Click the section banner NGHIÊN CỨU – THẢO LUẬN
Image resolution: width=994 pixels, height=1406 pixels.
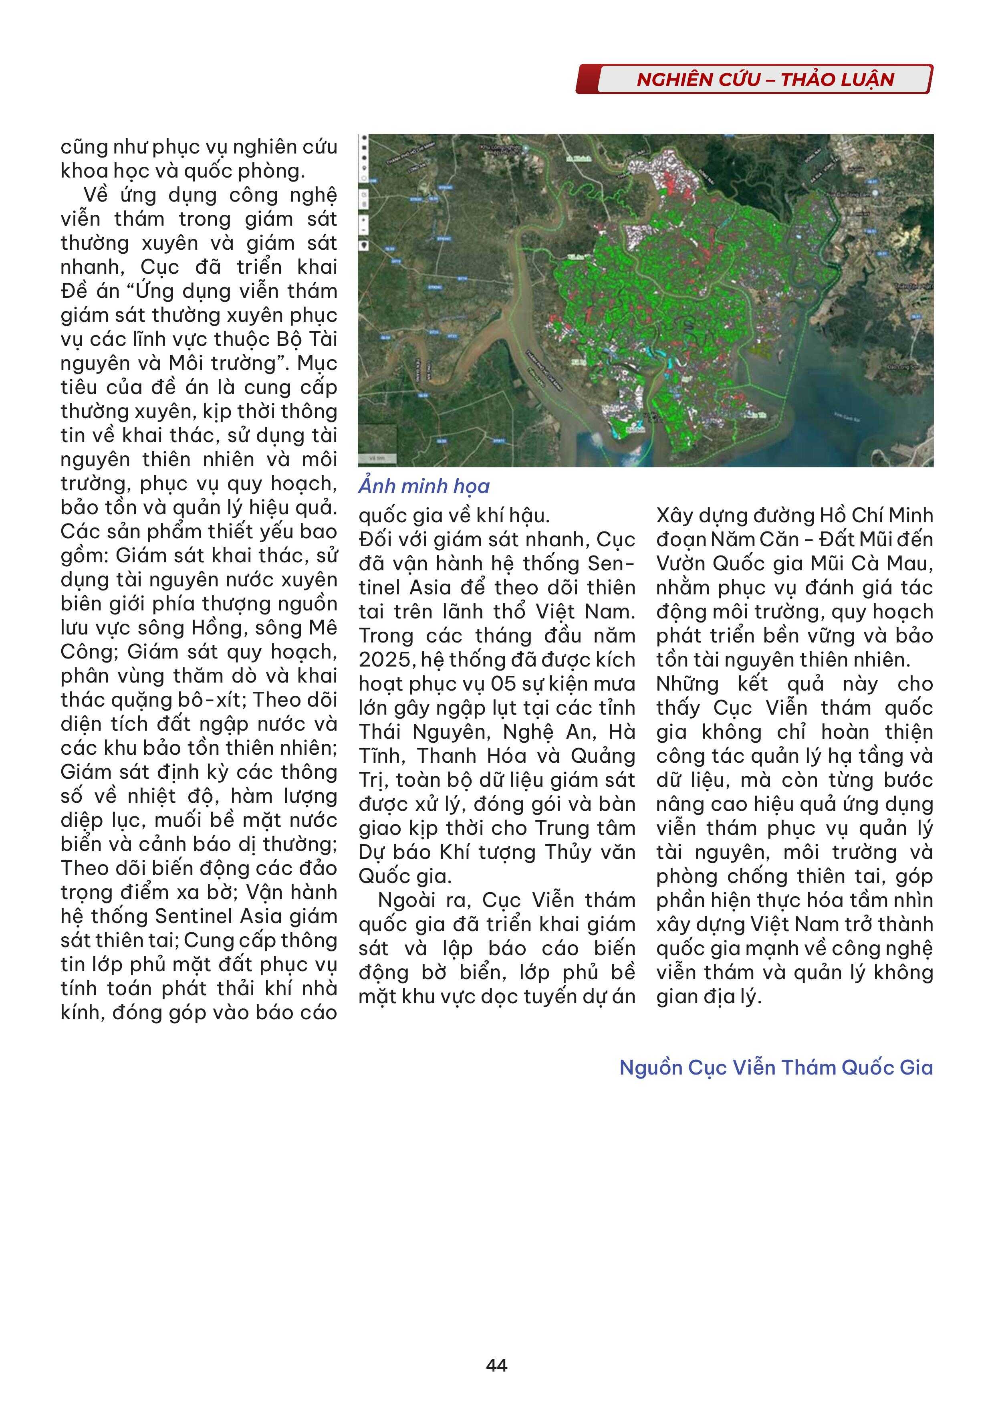765,80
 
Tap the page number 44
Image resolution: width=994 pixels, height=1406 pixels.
496,1365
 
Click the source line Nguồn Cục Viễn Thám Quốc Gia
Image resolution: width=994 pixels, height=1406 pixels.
776,1067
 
